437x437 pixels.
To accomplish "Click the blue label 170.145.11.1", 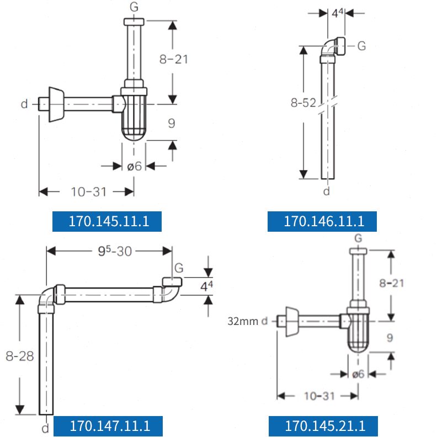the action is pos(107,221).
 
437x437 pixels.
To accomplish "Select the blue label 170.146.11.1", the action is pos(322,221).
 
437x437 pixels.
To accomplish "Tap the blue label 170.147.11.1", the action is pos(108,426).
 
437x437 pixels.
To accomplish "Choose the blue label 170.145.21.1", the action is pos(323,426).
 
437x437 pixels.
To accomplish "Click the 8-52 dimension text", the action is pos(303,103).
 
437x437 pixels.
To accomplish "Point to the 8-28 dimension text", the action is pos(20,356).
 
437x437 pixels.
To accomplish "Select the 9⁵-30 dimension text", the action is pos(115,251).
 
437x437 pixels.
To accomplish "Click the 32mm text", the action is pos(243,321).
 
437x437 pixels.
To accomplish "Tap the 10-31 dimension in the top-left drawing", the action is pos(89,192).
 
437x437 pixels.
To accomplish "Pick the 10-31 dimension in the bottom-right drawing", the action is pos(319,396).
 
